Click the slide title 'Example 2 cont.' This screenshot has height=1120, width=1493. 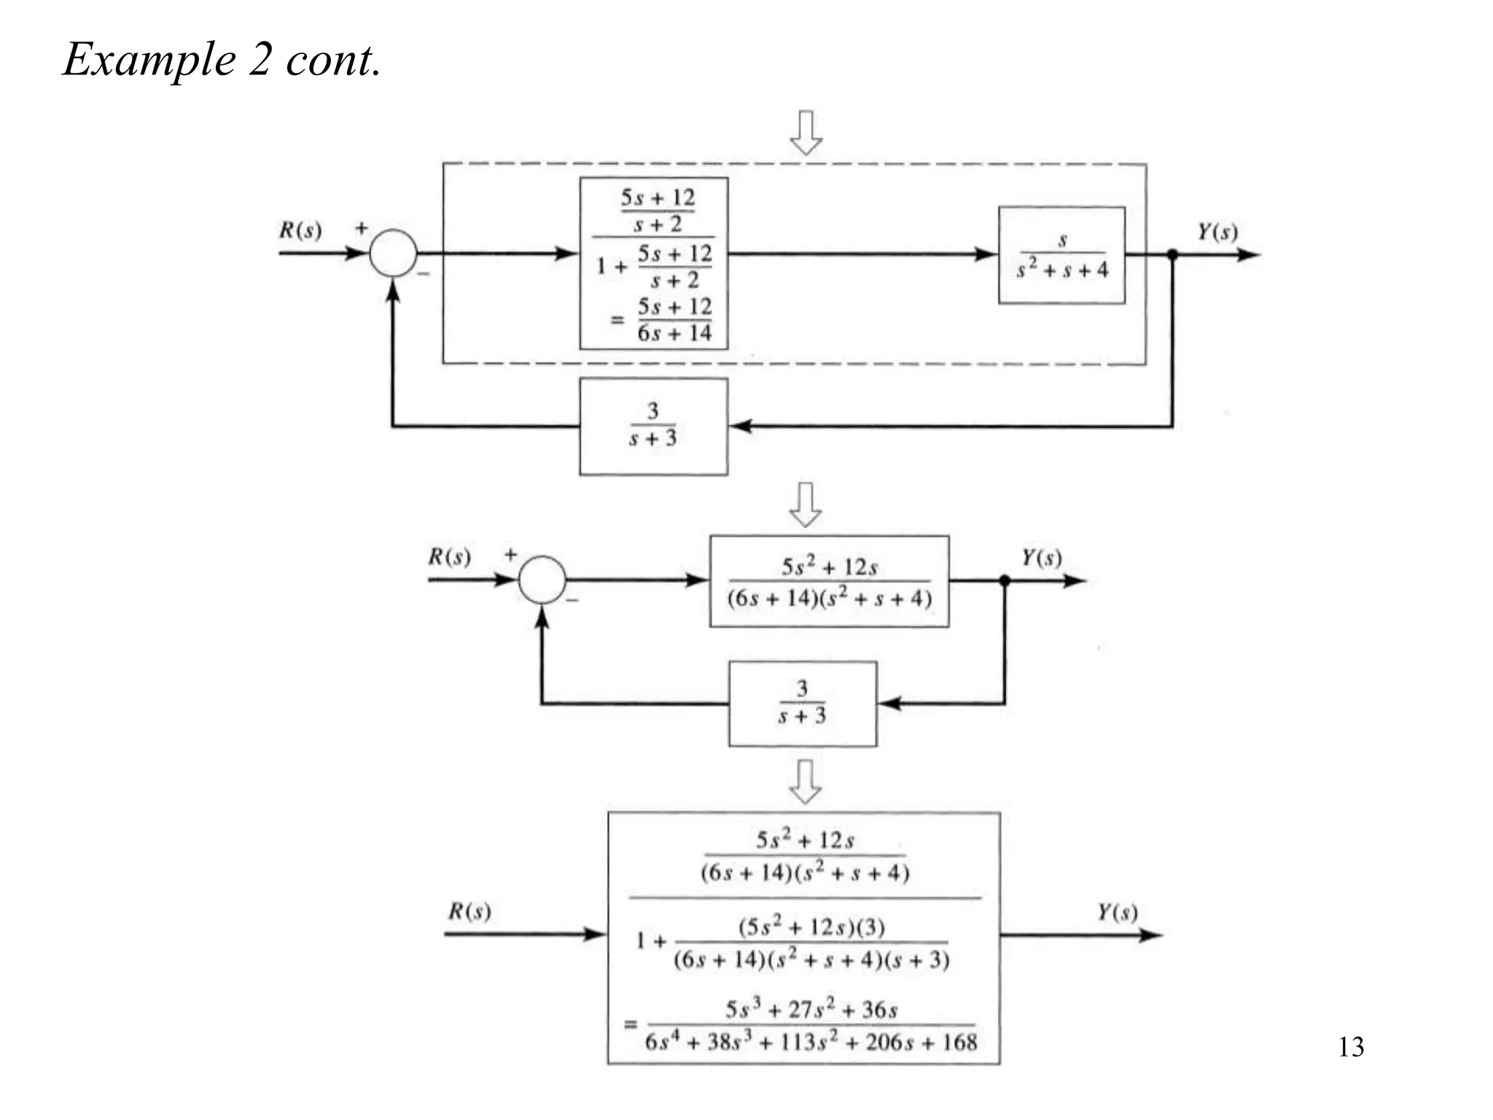point(222,59)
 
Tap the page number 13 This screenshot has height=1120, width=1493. point(1350,1047)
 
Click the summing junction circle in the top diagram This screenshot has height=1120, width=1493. point(393,253)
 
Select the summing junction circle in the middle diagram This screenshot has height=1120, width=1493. point(542,580)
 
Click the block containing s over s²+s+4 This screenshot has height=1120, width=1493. point(1061,255)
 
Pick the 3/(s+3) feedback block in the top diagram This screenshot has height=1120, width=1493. point(653,427)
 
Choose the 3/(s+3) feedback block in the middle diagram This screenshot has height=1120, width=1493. point(802,704)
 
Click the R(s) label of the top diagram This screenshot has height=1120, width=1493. point(300,230)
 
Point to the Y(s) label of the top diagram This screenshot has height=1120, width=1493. point(1217,232)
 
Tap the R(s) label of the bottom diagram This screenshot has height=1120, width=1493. point(469,911)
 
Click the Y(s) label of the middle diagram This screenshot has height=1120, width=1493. point(1041,558)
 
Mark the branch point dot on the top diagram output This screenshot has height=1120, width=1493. point(1172,254)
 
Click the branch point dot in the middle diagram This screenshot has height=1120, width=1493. point(1005,580)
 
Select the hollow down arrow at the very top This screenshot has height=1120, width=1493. point(806,132)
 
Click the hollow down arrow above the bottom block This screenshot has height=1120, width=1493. point(806,782)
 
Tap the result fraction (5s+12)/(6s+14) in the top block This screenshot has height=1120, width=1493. point(674,320)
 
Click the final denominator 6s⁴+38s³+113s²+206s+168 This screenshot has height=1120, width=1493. point(811,1042)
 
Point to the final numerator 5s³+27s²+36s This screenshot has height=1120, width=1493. point(811,1009)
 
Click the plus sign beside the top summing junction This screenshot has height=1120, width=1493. point(362,228)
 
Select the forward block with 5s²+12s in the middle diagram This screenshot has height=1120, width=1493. point(829,581)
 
